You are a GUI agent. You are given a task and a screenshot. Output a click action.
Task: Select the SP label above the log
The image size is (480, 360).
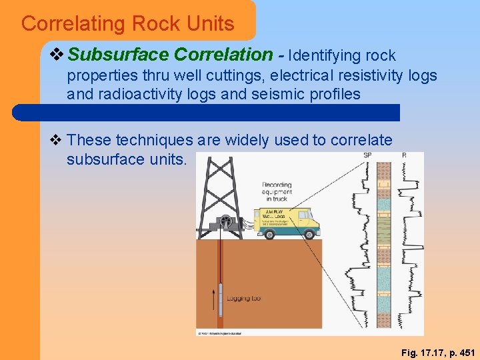(x=367, y=155)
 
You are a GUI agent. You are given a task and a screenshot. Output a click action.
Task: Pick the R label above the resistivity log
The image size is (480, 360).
(x=404, y=155)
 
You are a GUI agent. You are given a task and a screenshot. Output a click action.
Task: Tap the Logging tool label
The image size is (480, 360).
(x=243, y=298)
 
